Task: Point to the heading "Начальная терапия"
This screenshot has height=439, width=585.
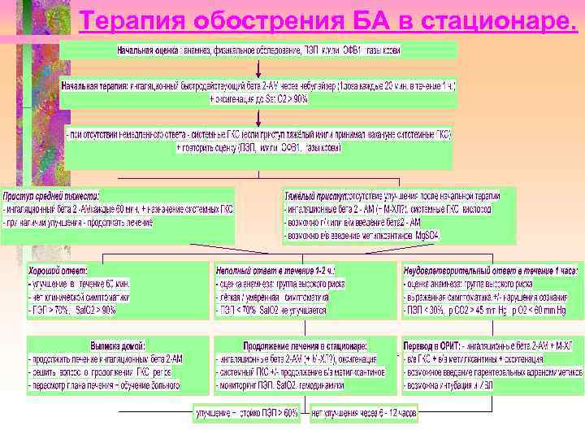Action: [x=97, y=84]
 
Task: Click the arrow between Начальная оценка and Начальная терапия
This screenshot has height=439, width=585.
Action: [x=258, y=67]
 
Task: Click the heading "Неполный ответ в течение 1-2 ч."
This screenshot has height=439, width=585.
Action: [x=276, y=269]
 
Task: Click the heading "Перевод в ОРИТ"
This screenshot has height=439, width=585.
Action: [x=434, y=345]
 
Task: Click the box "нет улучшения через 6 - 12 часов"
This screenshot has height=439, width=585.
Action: [x=364, y=413]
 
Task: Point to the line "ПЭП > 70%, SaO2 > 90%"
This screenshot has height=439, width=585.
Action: [x=73, y=310]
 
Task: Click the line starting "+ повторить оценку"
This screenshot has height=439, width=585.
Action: [x=258, y=148]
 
